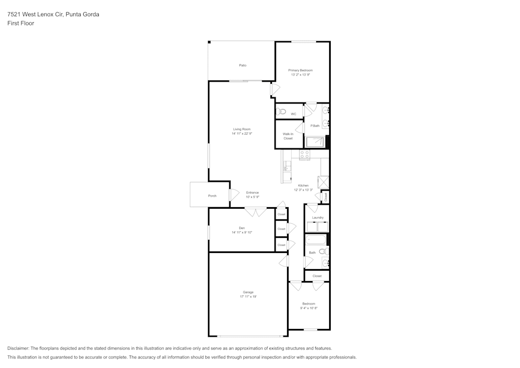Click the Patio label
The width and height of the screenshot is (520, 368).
[242, 65]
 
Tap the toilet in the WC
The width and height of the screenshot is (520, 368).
[281, 111]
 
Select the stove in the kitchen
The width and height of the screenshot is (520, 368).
[304, 155]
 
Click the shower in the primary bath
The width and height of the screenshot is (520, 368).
[315, 142]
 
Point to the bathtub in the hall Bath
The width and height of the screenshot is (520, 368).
[316, 240]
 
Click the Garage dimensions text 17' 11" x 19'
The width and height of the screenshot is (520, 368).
[248, 297]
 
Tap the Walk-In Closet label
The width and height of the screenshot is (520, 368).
[288, 136]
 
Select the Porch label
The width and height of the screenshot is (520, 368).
[212, 196]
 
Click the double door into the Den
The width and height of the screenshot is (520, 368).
[255, 212]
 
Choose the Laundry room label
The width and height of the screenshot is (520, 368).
[318, 218]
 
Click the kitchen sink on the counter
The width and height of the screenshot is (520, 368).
[286, 166]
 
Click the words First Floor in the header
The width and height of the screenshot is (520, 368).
[21, 23]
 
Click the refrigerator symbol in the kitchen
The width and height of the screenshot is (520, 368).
[323, 181]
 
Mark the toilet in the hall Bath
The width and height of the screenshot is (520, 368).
[323, 251]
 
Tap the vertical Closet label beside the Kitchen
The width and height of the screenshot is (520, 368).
[326, 197]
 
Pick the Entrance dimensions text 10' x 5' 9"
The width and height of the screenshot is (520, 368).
[252, 197]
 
